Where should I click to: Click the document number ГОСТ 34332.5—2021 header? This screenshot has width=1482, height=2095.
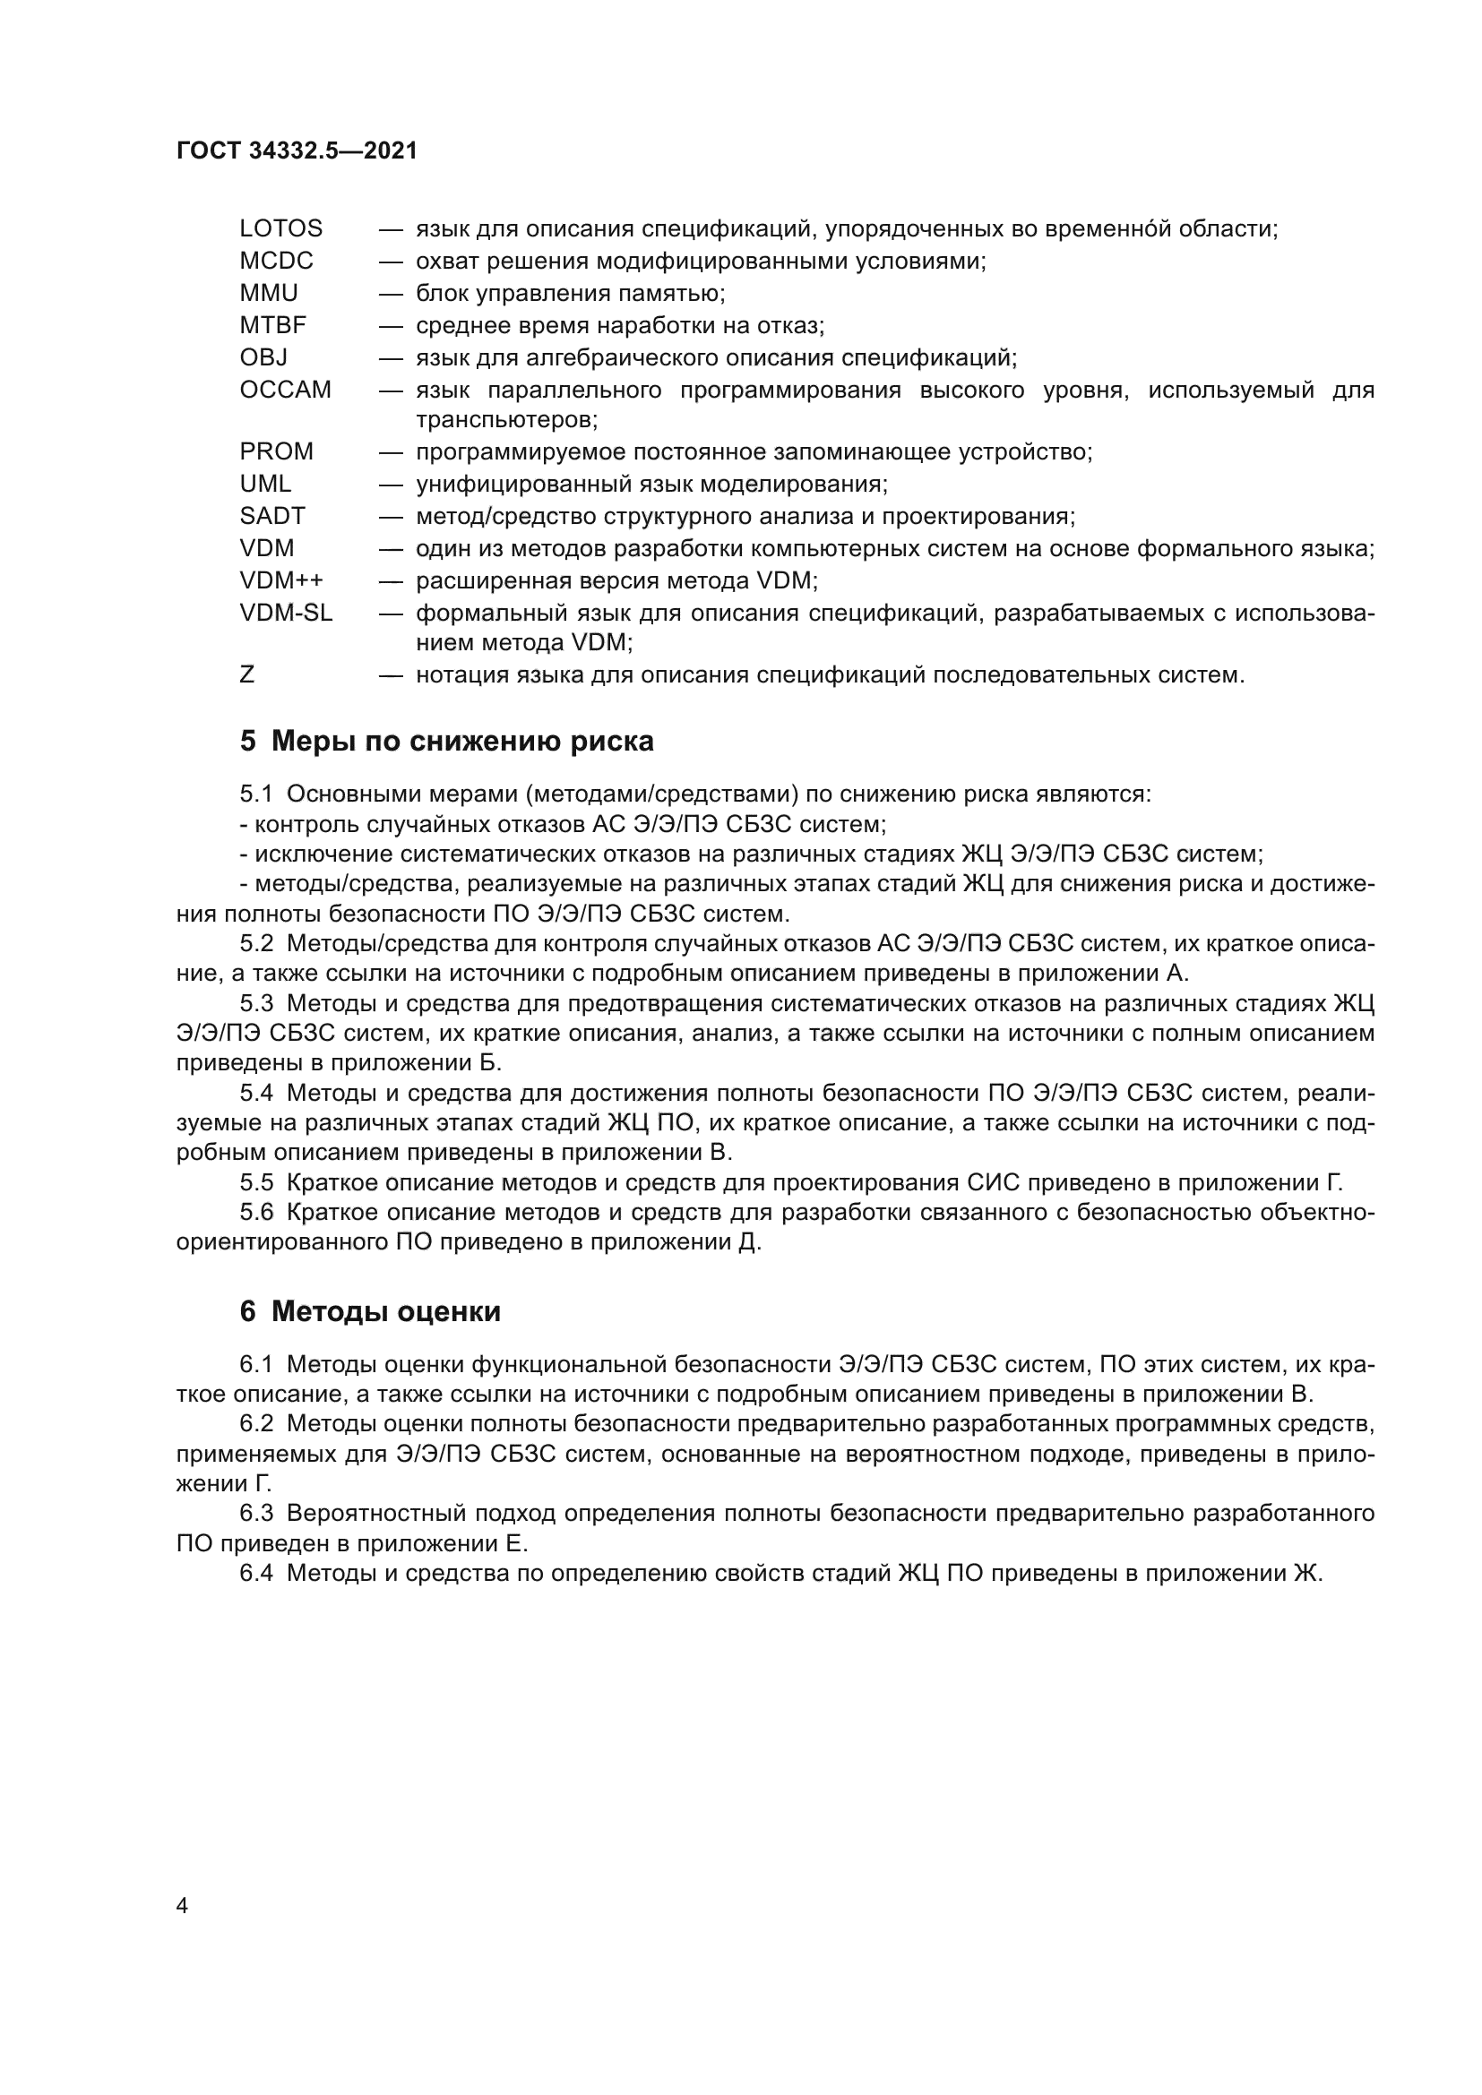pos(297,151)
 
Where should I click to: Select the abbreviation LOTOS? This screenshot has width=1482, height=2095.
pos(281,228)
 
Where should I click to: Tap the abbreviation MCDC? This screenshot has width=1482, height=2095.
pos(277,261)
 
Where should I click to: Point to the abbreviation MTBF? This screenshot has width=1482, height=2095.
pos(273,325)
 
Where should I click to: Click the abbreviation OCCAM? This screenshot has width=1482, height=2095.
pos(286,390)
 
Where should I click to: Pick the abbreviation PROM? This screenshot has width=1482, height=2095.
pos(277,451)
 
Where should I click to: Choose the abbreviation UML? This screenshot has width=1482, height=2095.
pos(265,484)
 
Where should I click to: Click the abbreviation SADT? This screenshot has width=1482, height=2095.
pos(272,516)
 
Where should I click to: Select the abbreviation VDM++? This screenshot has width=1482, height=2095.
pos(281,580)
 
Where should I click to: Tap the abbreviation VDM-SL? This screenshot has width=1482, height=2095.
pos(287,614)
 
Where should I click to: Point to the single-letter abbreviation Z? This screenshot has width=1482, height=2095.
pos(247,675)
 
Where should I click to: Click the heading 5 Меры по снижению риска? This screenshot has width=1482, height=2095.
pos(447,741)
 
